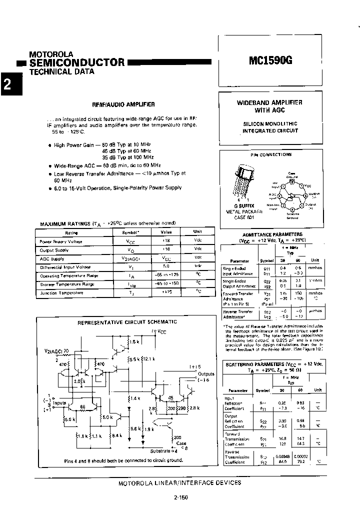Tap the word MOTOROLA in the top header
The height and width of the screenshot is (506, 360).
51,54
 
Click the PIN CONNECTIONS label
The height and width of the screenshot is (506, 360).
271,154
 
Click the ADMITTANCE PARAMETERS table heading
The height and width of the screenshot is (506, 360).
272,234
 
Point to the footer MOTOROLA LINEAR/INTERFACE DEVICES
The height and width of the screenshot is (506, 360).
180,483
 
